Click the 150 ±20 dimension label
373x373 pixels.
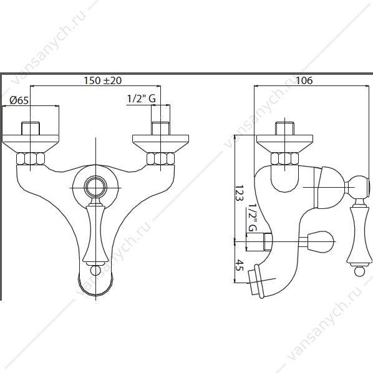(x=102, y=80)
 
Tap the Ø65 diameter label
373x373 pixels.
(x=19, y=100)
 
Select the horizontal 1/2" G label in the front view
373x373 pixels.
(x=142, y=99)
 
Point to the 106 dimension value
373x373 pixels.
(x=304, y=80)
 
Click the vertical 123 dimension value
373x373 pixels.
(x=240, y=193)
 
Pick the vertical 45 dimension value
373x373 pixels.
(x=240, y=265)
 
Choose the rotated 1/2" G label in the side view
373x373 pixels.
(x=252, y=218)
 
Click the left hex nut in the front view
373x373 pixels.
(x=31, y=159)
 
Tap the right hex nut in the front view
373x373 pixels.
(x=160, y=159)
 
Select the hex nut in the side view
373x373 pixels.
(x=284, y=159)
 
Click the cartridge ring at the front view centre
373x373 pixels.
(x=95, y=187)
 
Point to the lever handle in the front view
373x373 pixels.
(x=95, y=233)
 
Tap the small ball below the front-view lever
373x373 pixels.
(x=95, y=271)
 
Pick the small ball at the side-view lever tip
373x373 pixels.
(x=359, y=271)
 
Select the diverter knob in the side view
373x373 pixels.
(x=320, y=241)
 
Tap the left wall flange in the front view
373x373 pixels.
(x=31, y=143)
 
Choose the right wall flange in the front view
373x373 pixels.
(x=160, y=143)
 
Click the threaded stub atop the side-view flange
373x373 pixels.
(x=285, y=128)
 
